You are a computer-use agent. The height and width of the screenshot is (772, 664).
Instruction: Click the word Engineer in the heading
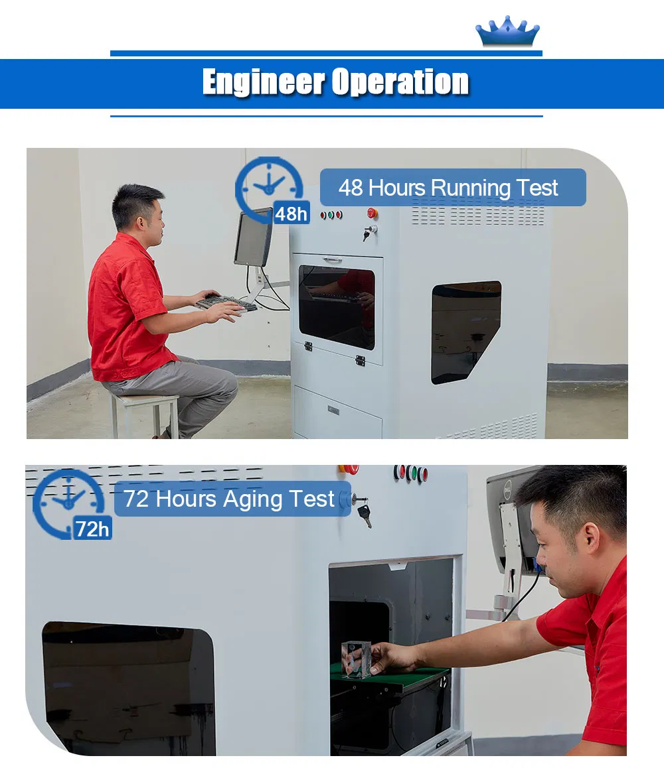click(264, 82)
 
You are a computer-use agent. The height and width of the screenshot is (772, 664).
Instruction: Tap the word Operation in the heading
click(400, 82)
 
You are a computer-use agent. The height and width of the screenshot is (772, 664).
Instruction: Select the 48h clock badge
click(272, 190)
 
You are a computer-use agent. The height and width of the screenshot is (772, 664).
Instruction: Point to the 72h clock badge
click(71, 504)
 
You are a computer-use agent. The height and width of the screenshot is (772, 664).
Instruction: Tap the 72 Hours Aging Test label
click(232, 499)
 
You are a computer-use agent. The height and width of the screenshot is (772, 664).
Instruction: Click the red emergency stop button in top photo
click(373, 213)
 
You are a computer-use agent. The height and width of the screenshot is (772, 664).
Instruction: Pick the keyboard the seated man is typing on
click(226, 302)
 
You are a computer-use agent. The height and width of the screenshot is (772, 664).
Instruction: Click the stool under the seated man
click(145, 413)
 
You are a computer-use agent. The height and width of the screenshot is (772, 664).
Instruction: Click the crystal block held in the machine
click(356, 659)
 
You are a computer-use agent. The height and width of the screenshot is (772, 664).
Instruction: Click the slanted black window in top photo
click(465, 332)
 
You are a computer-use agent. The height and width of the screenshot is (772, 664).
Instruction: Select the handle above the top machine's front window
click(333, 260)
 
